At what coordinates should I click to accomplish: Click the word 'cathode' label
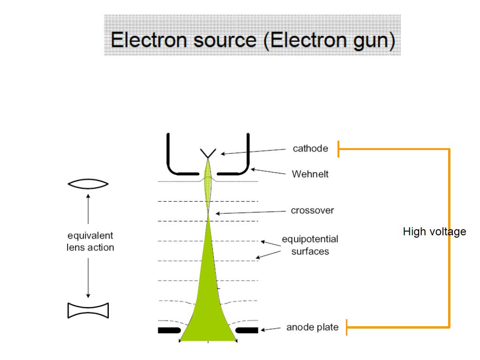click(x=310, y=149)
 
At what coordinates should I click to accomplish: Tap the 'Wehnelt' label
click(x=310, y=174)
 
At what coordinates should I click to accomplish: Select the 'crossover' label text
click(x=312, y=210)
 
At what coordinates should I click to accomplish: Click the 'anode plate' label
click(x=312, y=327)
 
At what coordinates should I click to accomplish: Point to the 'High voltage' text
click(x=434, y=232)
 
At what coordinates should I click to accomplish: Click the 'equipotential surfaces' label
click(x=310, y=245)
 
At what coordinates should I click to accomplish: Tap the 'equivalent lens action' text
click(x=90, y=241)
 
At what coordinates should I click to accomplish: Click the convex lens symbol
click(x=88, y=184)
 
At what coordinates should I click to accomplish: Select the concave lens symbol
click(x=88, y=310)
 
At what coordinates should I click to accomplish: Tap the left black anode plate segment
click(x=169, y=330)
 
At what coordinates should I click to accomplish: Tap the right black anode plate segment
click(x=247, y=330)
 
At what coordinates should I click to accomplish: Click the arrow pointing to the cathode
click(x=253, y=151)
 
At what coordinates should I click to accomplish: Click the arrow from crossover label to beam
click(x=250, y=212)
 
